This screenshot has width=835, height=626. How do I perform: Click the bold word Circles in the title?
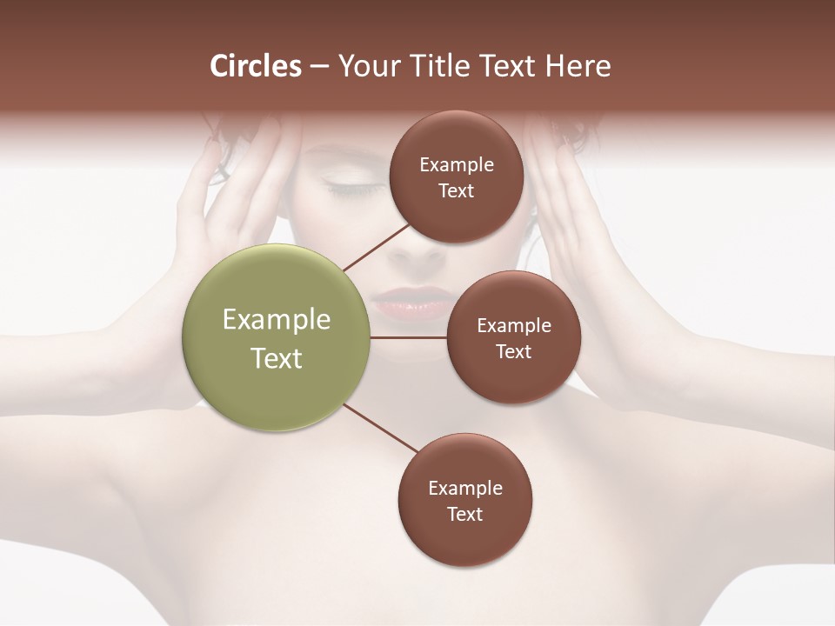256,66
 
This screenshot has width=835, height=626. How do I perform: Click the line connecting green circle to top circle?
377,246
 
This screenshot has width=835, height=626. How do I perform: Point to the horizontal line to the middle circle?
408,337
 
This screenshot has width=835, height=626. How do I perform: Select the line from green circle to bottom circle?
379,429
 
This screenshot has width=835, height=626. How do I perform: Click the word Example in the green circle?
277,320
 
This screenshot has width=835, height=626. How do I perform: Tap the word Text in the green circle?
277,358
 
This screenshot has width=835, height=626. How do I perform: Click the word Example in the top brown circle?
457,165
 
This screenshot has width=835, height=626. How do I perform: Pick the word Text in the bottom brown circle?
465,515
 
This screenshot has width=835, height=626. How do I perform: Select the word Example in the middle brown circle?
514,326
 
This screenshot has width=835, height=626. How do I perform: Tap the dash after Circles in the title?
319,67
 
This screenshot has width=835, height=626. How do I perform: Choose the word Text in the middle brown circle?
514,352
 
